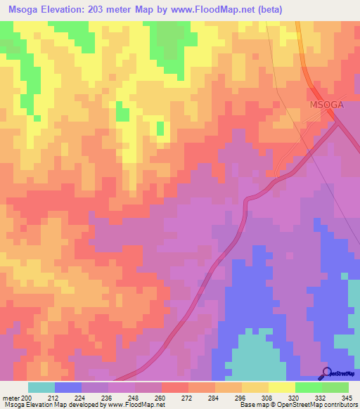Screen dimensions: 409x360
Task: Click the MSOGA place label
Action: [328, 105]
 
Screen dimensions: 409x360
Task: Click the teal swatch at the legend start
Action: [41, 387]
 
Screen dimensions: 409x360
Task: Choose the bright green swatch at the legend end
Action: [335, 387]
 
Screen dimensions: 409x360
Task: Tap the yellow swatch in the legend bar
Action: [282, 387]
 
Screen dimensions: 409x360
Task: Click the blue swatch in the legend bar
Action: [68, 387]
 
